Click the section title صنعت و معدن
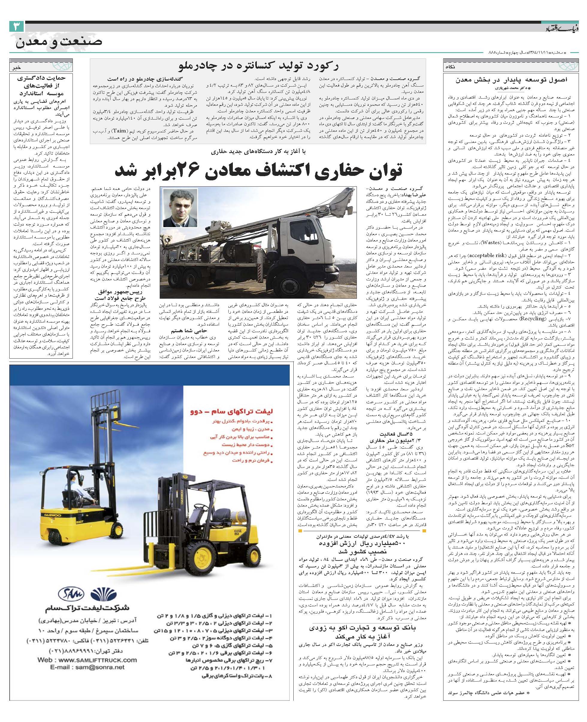[x=59, y=43]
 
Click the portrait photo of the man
[x=180, y=208]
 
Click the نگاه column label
[x=451, y=67]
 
